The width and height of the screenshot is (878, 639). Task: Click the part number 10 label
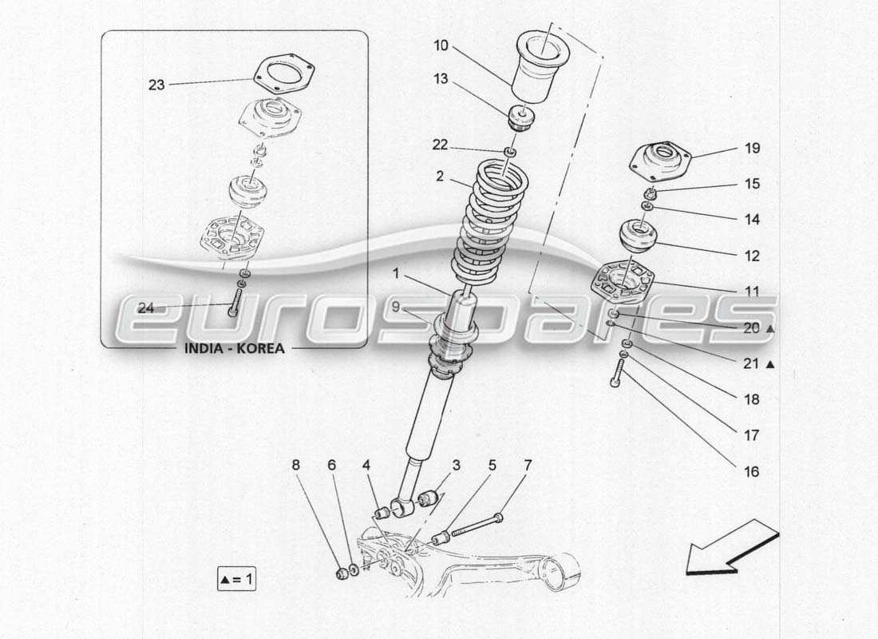pyautogui.click(x=441, y=46)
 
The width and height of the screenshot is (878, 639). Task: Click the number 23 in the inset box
pyautogui.click(x=156, y=84)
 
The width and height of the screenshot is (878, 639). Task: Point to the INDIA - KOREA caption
pyautogui.click(x=234, y=348)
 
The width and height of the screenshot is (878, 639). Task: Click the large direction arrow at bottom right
pyautogui.click(x=731, y=547)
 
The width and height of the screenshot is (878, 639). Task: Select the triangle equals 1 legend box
pyautogui.click(x=237, y=579)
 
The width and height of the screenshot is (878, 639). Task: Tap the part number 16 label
pyautogui.click(x=751, y=471)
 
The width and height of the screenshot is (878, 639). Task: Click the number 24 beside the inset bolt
pyautogui.click(x=145, y=308)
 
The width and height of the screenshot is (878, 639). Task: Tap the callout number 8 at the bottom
pyautogui.click(x=296, y=464)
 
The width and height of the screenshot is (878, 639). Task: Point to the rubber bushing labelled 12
pyautogui.click(x=639, y=237)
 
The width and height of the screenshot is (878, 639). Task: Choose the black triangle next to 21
pyautogui.click(x=770, y=364)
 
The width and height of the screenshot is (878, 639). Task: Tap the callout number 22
pyautogui.click(x=441, y=145)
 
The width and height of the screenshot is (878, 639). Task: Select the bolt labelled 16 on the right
pyautogui.click(x=619, y=372)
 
